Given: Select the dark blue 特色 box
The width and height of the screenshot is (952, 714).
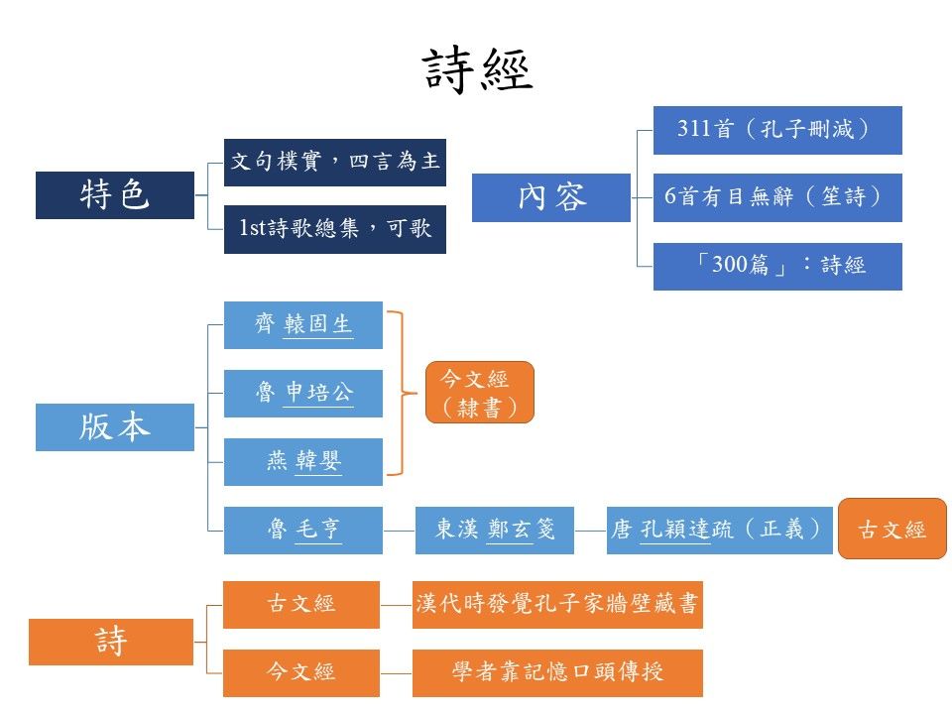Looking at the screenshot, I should tap(114, 195).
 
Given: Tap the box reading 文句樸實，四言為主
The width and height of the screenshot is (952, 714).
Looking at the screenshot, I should tap(335, 162).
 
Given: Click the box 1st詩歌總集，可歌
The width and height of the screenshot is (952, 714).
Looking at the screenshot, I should tap(335, 229).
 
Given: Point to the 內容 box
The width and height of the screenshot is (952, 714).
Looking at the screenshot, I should tap(550, 197).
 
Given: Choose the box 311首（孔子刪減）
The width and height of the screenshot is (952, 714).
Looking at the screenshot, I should tap(776, 130).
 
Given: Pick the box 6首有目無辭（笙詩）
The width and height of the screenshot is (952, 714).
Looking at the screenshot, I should tap(776, 197).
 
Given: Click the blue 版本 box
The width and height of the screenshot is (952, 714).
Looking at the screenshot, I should tap(114, 427).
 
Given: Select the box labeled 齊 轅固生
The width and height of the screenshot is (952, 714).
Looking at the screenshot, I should tap(302, 325).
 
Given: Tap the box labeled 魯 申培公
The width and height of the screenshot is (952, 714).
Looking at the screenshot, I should tap(302, 394).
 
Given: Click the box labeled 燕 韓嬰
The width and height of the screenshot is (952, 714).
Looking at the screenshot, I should tap(302, 462).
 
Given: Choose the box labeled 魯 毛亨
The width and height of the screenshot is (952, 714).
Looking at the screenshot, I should tap(302, 531).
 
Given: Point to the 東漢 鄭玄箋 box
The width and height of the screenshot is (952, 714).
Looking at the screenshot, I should tap(494, 531).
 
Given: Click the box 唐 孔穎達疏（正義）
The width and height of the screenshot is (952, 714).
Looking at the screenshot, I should tap(719, 531).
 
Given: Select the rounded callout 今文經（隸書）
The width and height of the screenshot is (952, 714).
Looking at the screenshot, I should tap(480, 393).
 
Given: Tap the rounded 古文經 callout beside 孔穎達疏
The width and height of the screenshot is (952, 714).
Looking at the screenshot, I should tap(892, 530).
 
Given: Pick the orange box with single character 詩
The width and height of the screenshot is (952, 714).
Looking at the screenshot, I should tap(111, 642).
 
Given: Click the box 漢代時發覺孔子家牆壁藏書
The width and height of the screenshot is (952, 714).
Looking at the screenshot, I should tap(556, 605).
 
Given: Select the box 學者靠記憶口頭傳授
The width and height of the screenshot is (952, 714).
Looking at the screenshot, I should tap(556, 672).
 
